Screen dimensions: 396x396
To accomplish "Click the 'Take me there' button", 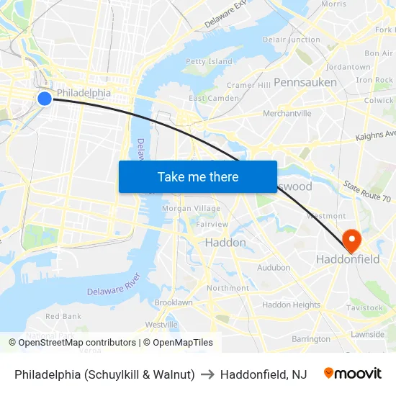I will point(198,176).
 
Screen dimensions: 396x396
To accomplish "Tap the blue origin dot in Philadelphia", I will point(45,98).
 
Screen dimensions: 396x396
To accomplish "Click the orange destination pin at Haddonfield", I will point(352,239).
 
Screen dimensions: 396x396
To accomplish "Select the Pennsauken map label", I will point(305,82).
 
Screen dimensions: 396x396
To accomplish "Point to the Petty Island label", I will point(209,62).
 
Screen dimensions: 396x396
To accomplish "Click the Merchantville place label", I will point(287,113).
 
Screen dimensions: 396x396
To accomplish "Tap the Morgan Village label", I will point(191,208).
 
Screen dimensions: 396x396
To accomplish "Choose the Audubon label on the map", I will point(274,268).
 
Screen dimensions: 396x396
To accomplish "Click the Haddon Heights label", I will point(291,305).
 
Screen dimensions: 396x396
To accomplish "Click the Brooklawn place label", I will point(173,302).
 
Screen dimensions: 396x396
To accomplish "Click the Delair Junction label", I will point(292,40).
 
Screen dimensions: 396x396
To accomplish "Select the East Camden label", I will point(214,98).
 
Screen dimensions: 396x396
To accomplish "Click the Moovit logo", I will point(352,374).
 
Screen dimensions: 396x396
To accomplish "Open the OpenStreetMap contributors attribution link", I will point(77,343).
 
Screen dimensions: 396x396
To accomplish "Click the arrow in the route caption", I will point(207,374).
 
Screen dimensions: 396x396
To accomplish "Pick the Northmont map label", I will point(228,288).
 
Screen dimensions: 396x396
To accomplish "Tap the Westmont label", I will point(326,215).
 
